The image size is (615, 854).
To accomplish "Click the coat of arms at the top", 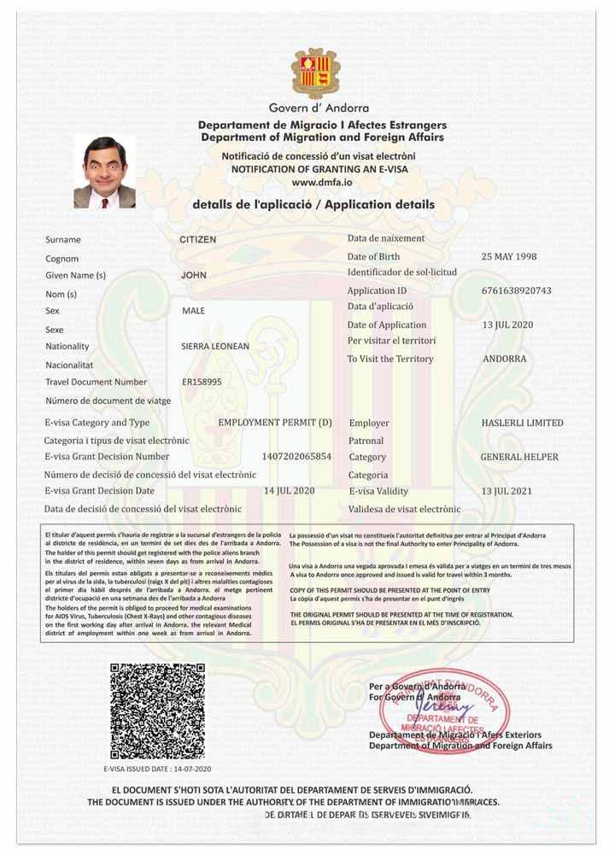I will [316, 73].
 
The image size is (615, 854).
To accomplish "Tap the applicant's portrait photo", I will [104, 172].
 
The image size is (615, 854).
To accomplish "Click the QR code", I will [157, 711].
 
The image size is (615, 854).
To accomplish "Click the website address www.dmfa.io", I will [318, 183].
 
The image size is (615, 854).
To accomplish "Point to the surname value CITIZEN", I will [198, 240].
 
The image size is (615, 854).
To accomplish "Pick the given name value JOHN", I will [194, 276].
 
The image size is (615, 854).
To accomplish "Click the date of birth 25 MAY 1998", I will [509, 256].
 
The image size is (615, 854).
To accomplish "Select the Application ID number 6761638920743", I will [516, 290].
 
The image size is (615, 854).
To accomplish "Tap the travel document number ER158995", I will [202, 382].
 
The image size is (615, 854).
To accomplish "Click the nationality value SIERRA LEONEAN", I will [215, 347].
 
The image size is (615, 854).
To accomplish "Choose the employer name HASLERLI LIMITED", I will [522, 423].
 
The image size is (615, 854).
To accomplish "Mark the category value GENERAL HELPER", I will [519, 457].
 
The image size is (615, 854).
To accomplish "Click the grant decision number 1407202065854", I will [296, 457].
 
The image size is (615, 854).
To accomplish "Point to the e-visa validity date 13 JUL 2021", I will [507, 491].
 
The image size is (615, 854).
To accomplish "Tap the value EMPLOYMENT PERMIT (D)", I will [275, 423].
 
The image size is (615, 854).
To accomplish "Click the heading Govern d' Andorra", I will [319, 108].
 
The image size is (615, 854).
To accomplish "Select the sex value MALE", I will [194, 311].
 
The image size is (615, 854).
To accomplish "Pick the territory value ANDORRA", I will [505, 359].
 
